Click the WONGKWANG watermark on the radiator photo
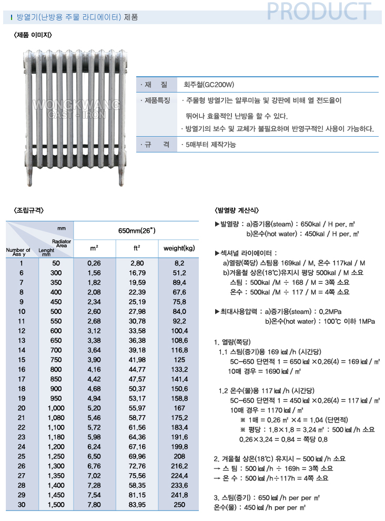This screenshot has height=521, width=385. [x=77, y=106]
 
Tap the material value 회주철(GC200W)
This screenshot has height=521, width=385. [x=209, y=84]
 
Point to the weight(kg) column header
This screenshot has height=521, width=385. [x=179, y=248]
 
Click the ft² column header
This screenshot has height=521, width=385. [x=136, y=248]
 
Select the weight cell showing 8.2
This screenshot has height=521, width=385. [x=179, y=263]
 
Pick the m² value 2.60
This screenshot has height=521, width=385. [x=94, y=311]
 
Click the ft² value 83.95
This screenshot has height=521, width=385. [x=136, y=505]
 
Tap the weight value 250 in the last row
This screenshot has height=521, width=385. [x=179, y=505]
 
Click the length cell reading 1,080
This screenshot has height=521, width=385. [x=56, y=418]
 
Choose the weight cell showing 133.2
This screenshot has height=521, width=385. [x=179, y=370]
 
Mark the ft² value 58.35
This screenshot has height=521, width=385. [x=136, y=485]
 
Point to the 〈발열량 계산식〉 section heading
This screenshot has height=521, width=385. [x=237, y=210]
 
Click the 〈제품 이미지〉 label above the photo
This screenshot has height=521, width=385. [x=33, y=35]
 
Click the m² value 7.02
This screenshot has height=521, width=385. [x=94, y=476]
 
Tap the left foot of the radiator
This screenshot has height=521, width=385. [x=30, y=179]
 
